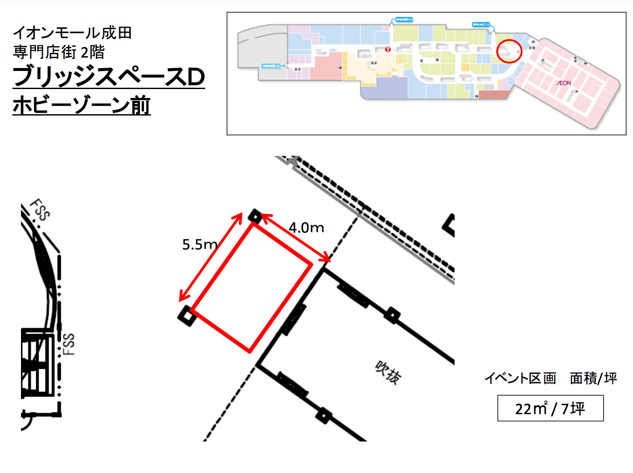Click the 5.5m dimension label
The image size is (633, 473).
(199, 244)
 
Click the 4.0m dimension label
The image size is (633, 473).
(306, 228)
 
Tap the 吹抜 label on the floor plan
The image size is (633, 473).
(388, 372)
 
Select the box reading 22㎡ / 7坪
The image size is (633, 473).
(550, 408)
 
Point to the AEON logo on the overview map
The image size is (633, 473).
(564, 83)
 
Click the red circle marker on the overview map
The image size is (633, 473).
(509, 51)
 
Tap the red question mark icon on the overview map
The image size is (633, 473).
(388, 49)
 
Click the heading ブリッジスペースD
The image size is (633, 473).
(109, 77)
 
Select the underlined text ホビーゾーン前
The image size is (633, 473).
(81, 105)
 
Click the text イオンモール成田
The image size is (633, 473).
(72, 33)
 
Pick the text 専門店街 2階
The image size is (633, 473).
(59, 52)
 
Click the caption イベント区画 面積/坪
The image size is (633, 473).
(550, 378)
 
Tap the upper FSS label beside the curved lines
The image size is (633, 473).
(40, 209)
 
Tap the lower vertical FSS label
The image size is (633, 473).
(69, 344)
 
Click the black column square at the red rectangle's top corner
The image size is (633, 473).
(255, 216)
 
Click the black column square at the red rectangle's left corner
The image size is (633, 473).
(187, 316)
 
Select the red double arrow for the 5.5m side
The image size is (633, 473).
(211, 257)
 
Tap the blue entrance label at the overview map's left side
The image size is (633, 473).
(272, 66)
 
